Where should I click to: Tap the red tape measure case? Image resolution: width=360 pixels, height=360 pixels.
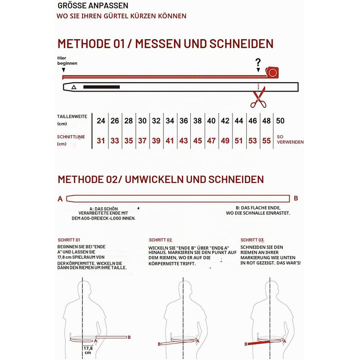(x=272, y=73)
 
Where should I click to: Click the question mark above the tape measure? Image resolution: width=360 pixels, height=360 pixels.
(x=258, y=62)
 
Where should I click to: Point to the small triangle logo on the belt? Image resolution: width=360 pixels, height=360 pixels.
(x=74, y=87)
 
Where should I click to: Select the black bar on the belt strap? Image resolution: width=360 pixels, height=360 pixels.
(x=101, y=87)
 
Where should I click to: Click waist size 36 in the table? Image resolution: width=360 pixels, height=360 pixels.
(x=184, y=121)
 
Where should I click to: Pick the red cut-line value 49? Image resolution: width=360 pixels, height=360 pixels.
(x=225, y=140)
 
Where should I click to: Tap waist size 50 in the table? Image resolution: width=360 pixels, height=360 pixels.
(x=280, y=121)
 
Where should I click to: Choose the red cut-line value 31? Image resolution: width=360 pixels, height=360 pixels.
(x=101, y=140)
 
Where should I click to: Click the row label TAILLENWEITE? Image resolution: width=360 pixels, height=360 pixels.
(x=72, y=116)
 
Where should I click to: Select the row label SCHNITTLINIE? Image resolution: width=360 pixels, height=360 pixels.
(x=71, y=137)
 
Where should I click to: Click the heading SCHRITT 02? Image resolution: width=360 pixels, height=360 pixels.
(x=160, y=240)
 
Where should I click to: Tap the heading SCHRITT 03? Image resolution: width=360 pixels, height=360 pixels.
(x=252, y=240)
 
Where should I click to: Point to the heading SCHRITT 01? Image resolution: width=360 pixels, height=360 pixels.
(x=69, y=240)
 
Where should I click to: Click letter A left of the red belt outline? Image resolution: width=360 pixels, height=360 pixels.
(x=60, y=199)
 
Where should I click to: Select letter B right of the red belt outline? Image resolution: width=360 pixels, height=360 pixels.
(x=296, y=198)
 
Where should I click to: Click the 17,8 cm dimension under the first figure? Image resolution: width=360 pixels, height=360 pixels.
(x=88, y=350)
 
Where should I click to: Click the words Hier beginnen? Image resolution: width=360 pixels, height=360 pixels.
(x=67, y=61)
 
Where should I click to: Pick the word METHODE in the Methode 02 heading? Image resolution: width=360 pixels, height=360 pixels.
(x=80, y=179)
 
